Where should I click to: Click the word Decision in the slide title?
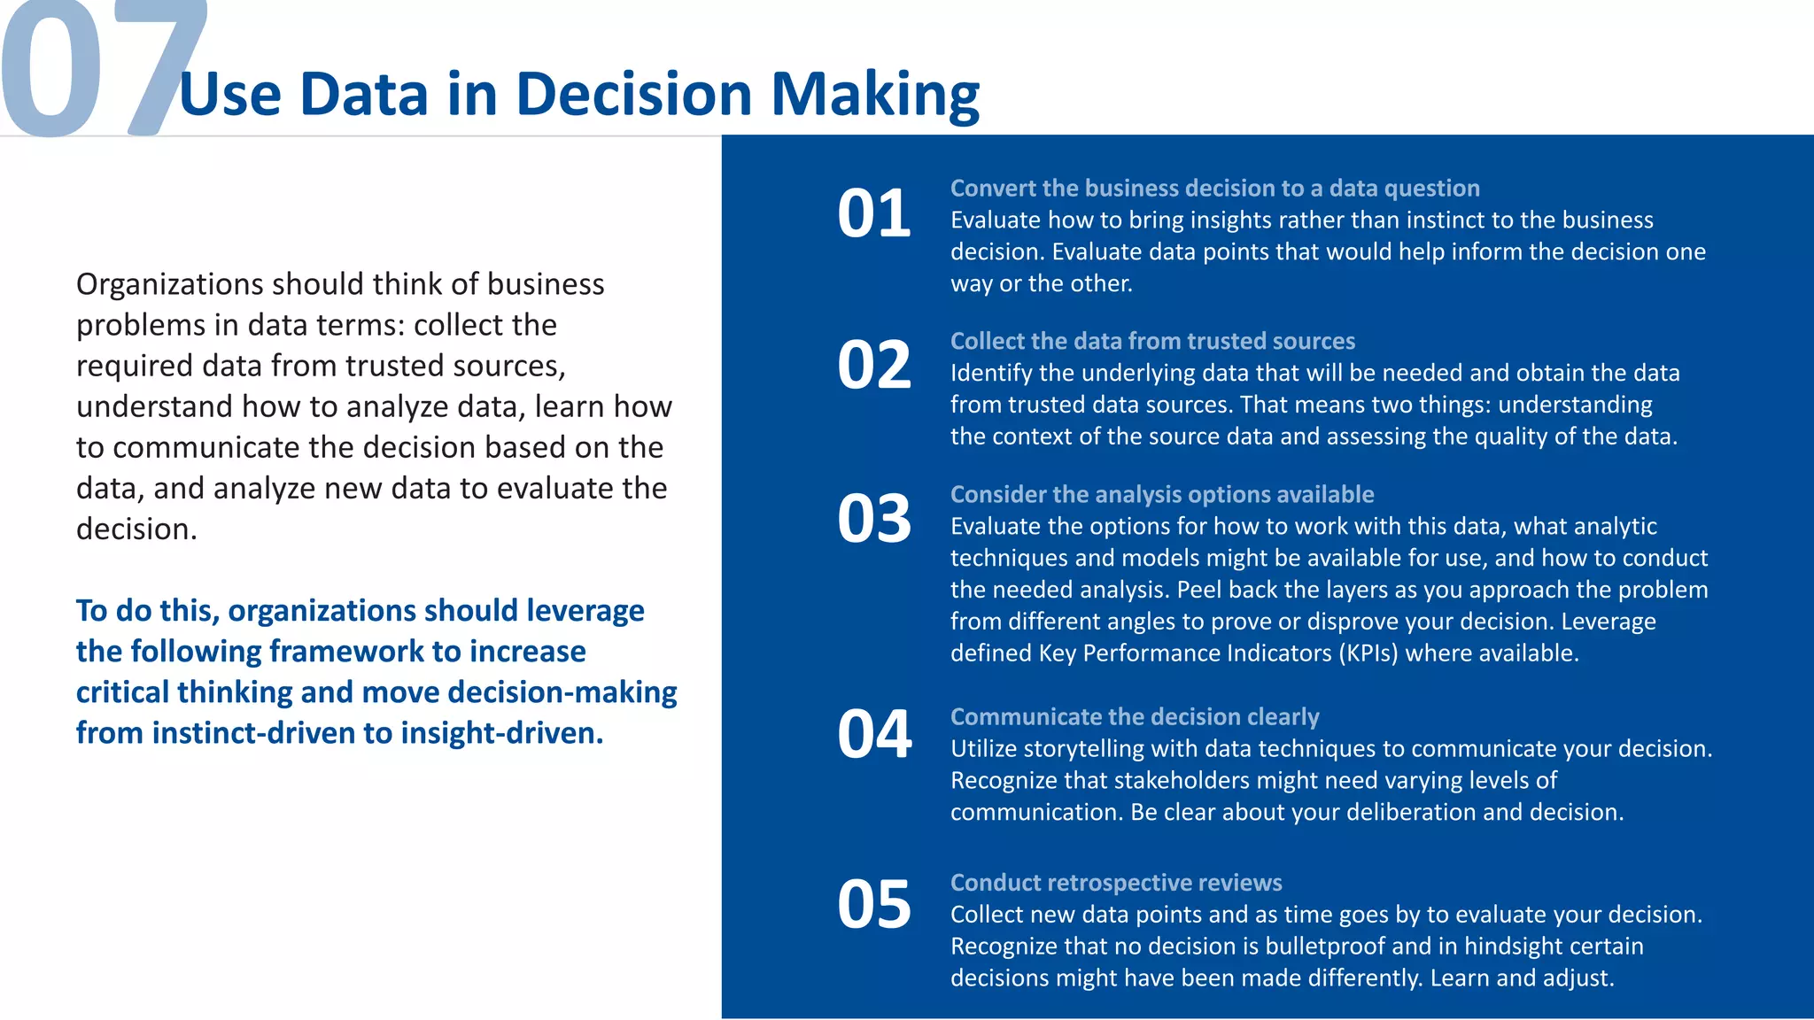point(633,95)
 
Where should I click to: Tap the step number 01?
point(873,213)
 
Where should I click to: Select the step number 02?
point(873,365)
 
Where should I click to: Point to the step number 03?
point(873,519)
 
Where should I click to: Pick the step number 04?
point(873,734)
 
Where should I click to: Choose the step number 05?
point(873,904)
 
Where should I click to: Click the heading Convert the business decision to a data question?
point(1214,189)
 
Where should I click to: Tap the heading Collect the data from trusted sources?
point(1152,342)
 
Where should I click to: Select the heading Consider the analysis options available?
point(1161,495)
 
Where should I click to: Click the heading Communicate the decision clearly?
point(1134,717)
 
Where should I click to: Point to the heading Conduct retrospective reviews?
point(1115,883)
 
